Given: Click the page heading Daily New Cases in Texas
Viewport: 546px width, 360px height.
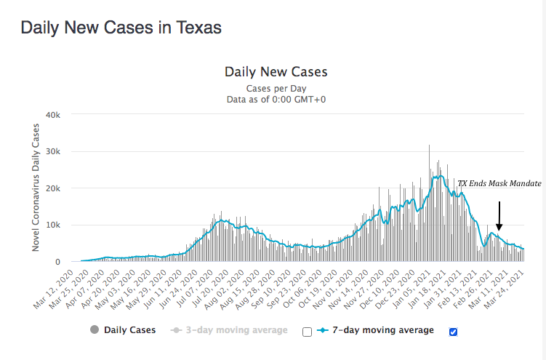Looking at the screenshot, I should (x=121, y=28).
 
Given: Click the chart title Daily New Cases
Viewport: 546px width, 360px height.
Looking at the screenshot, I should (x=276, y=72).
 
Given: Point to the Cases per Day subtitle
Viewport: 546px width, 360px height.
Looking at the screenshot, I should (x=276, y=88).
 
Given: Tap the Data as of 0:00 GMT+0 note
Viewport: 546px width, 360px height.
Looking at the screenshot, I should (x=276, y=99).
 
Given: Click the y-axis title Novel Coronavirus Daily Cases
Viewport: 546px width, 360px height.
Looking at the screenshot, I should (x=36, y=188).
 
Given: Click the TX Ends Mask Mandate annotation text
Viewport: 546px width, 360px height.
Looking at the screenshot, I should (x=499, y=184).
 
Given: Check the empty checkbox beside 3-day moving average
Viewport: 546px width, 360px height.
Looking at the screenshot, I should (x=307, y=332).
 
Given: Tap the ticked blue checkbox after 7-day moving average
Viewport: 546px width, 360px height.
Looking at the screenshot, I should (x=454, y=332).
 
